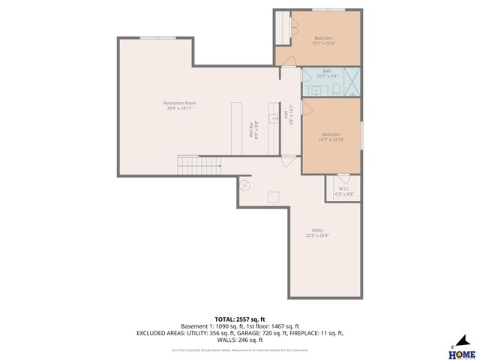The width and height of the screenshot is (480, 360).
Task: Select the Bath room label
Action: [x=327, y=73]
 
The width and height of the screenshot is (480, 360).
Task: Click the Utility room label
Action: [x=316, y=232]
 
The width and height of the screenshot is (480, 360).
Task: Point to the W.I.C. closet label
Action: [x=344, y=190]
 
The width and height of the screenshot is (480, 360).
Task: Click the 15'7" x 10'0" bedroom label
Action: [x=323, y=40]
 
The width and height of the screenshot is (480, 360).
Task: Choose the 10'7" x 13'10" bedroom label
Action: [x=330, y=137]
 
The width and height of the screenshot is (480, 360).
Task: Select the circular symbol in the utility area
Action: [x=244, y=185]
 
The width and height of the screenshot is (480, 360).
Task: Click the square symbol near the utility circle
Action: [x=274, y=197]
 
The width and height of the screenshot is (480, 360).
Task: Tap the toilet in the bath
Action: [x=337, y=91]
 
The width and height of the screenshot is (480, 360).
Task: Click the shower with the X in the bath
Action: [x=352, y=82]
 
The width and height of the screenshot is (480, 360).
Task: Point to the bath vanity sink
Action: [x=315, y=91]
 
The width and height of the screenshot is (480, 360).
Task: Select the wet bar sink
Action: [x=274, y=118]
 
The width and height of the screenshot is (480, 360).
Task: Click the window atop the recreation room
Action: [x=157, y=37]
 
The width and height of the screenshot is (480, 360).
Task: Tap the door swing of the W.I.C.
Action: [x=343, y=179]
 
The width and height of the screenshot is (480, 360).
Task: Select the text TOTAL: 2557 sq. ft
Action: [x=239, y=319]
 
